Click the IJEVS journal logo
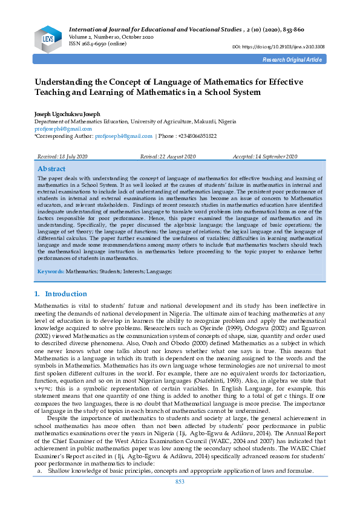[x=48, y=37]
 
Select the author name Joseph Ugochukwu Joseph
[x=67, y=114]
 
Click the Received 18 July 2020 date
[x=62, y=157]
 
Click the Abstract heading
[x=51, y=169]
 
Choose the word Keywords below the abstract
[x=51, y=272]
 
